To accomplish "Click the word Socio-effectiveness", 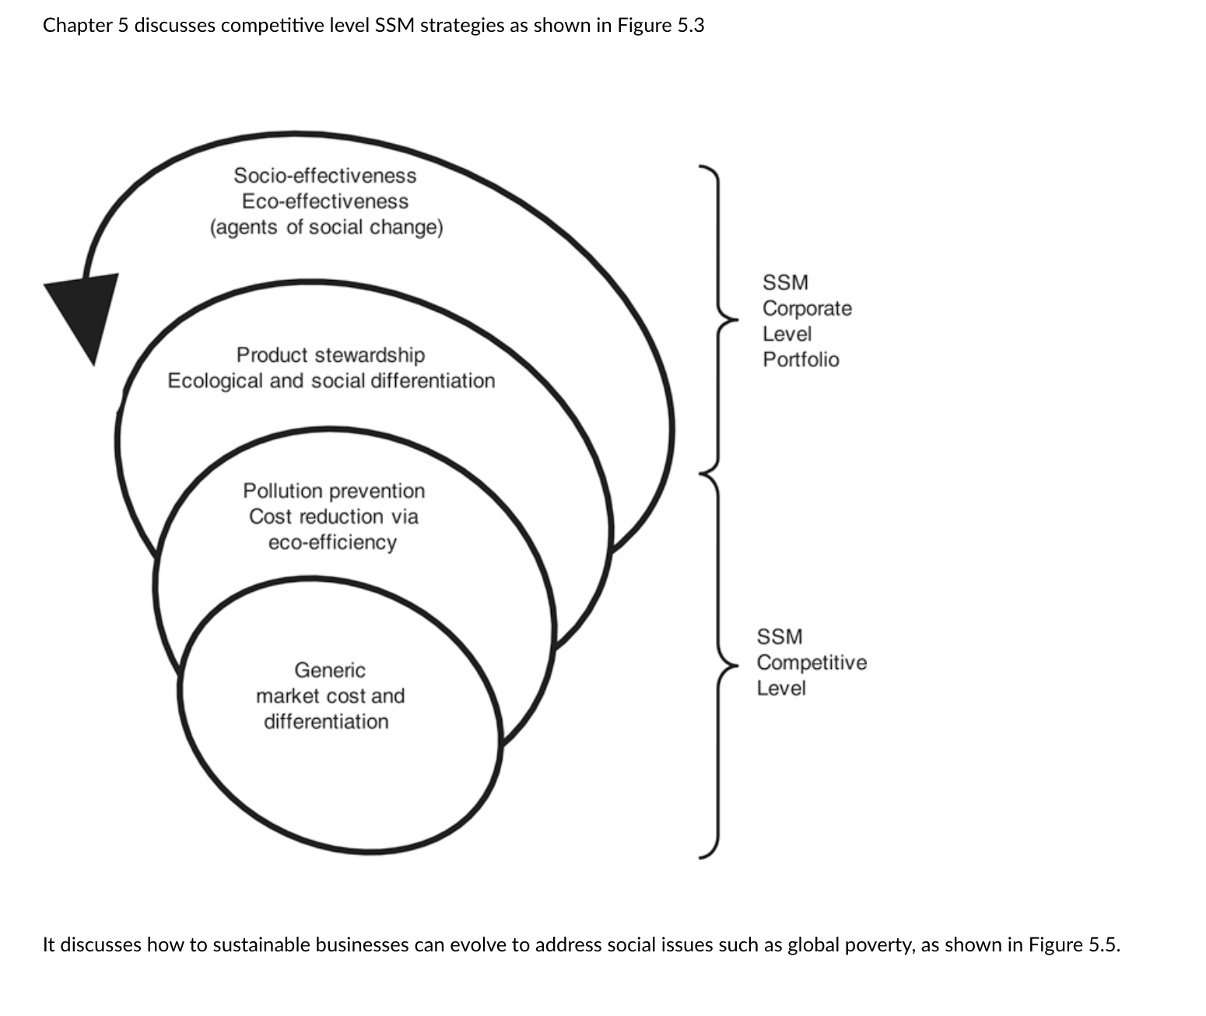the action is pos(324,176).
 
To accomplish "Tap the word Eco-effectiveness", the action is pos(324,201).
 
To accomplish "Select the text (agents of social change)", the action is pos(326,228).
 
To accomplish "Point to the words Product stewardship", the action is pos(331,356).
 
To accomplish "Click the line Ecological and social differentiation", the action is pos(331,381).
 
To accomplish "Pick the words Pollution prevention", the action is pos(334,491).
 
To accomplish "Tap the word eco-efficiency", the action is pos(333,543).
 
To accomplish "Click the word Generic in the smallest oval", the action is pos(330,670).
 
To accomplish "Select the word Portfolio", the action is pos(801,360).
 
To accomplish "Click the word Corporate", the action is pos(807,308).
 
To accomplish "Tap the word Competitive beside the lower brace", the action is pos(812,663).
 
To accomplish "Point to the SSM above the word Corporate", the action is pos(786,283).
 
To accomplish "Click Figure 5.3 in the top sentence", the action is pos(661,26).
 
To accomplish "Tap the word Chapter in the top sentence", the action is pos(77,26).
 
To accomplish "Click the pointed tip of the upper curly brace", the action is pos(737,320).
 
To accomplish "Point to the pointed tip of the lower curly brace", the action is pos(737,666).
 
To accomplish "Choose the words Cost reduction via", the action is pos(334,517).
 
